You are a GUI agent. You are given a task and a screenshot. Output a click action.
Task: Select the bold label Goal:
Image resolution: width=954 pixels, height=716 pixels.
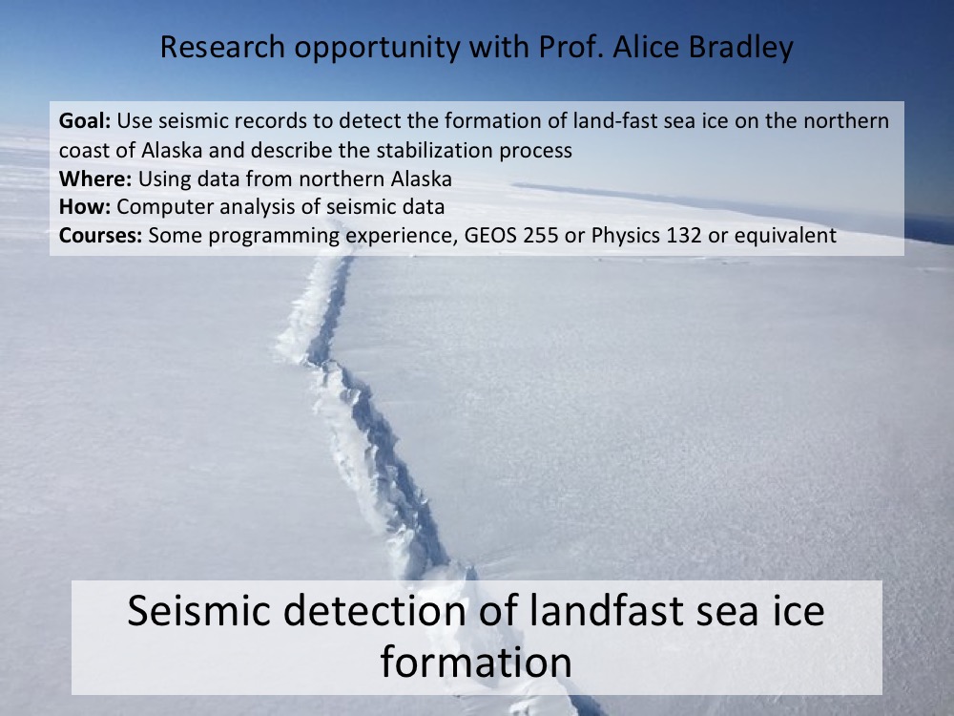pyautogui.click(x=85, y=120)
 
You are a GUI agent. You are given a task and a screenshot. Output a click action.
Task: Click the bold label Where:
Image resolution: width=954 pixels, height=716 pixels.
pyautogui.click(x=94, y=179)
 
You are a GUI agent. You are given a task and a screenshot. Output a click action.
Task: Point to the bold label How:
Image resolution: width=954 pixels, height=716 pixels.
pyautogui.click(x=85, y=207)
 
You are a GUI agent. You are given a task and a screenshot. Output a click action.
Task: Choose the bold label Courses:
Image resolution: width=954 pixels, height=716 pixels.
pyautogui.click(x=100, y=235)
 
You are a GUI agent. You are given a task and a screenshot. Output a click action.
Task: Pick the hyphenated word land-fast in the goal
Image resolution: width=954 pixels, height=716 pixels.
pyautogui.click(x=615, y=120)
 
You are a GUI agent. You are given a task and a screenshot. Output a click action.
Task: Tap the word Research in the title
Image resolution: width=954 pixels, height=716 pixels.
pyautogui.click(x=222, y=47)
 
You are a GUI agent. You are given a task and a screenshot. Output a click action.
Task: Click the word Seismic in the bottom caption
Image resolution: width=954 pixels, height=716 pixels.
pyautogui.click(x=199, y=610)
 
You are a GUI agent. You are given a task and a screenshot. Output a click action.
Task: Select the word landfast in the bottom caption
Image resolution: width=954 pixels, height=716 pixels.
pyautogui.click(x=606, y=610)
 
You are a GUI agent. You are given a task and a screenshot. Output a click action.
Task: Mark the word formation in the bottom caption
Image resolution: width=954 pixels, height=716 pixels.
pyautogui.click(x=476, y=662)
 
